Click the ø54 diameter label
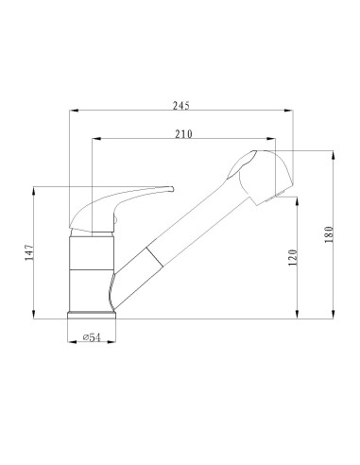pyautogui.click(x=93, y=336)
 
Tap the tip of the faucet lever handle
pyautogui.click(x=172, y=189)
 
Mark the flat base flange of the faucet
pyautogui.click(x=93, y=313)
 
